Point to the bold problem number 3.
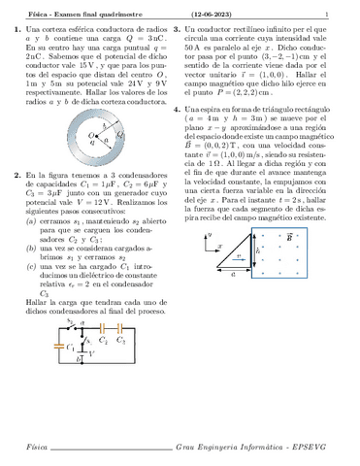pos(190,32)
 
